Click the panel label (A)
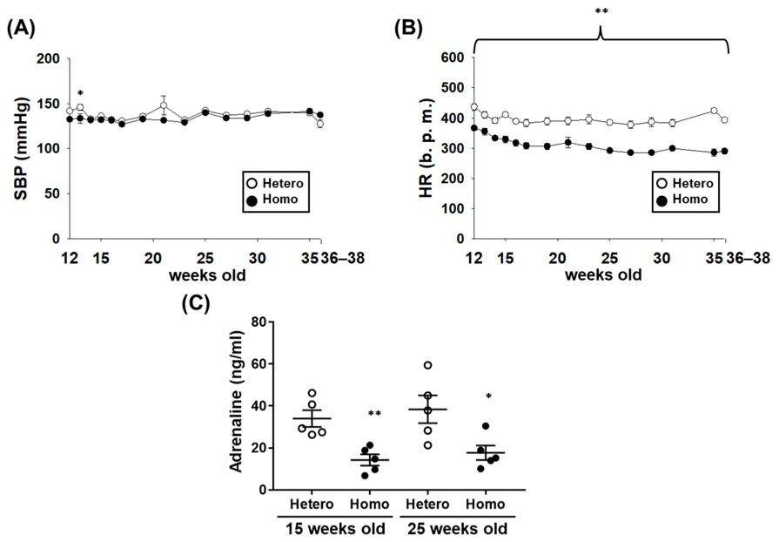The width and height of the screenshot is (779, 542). click(x=21, y=27)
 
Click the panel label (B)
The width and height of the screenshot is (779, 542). click(x=409, y=27)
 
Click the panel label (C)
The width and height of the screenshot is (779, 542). click(x=195, y=304)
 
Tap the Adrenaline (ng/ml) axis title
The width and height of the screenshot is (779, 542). click(x=236, y=406)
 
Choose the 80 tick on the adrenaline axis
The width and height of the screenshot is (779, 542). click(x=257, y=322)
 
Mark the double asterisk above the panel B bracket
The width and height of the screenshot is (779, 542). click(x=601, y=11)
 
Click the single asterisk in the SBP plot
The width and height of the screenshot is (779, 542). click(x=80, y=93)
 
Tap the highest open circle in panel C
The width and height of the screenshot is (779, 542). click(x=427, y=365)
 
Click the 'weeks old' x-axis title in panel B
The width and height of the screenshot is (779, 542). click(x=603, y=274)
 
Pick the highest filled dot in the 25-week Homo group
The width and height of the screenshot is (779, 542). click(x=486, y=426)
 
